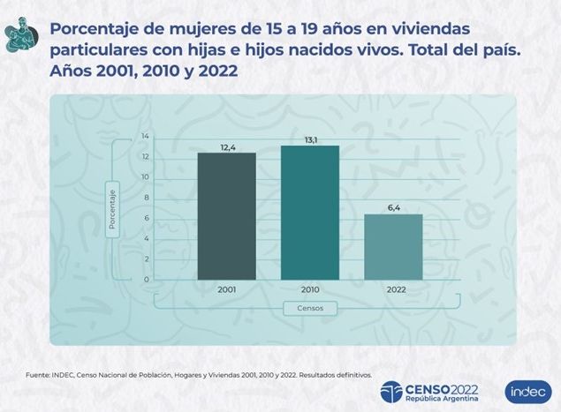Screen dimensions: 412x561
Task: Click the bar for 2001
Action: point(226,216)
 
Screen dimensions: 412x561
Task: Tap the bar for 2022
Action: point(393,247)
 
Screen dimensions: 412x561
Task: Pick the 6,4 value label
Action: point(393,206)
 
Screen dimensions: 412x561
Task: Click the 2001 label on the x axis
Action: point(226,288)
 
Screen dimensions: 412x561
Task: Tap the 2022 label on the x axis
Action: point(393,288)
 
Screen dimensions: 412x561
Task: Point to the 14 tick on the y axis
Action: point(146,137)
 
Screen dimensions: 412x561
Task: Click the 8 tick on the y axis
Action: point(148,198)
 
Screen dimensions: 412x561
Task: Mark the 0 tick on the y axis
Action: point(148,280)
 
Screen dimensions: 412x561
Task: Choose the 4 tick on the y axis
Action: point(148,239)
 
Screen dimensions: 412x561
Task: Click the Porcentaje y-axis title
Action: point(113,208)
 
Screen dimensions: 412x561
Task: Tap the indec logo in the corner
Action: point(527,391)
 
